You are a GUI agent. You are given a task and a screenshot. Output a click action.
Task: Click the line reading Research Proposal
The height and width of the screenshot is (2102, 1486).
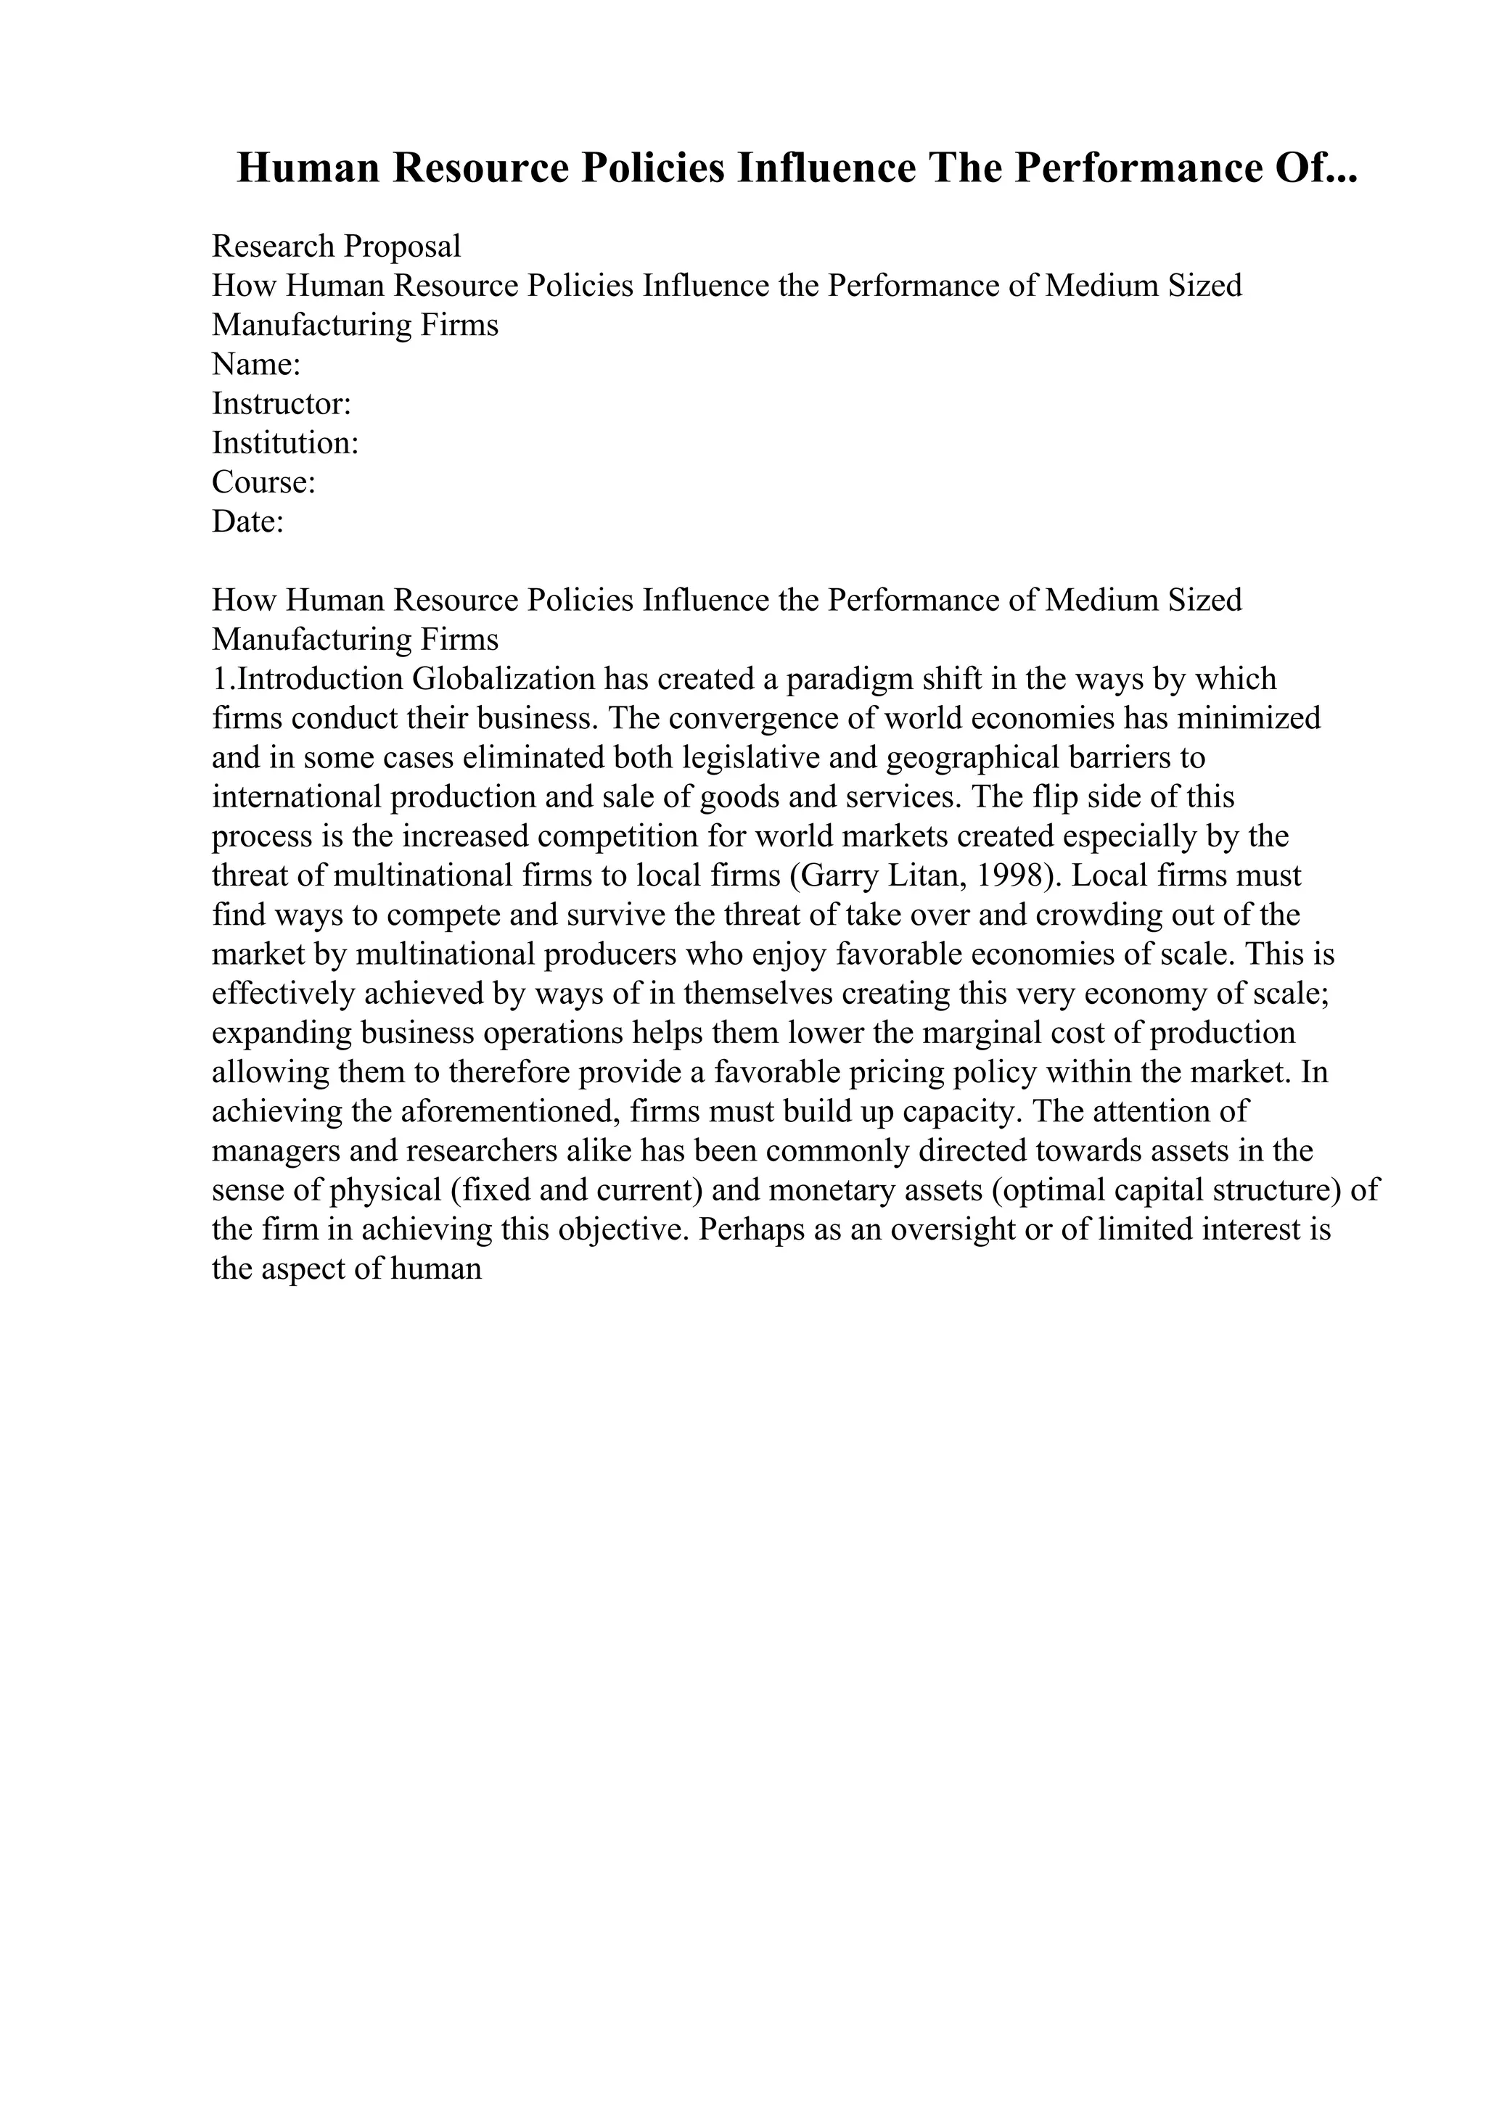coord(336,247)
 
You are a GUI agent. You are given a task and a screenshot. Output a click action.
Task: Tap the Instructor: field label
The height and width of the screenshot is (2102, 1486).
coord(281,404)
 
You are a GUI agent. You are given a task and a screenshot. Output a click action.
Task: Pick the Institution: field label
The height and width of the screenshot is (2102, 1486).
coord(284,443)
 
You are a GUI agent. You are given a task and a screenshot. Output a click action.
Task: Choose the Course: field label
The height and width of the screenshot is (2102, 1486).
coord(263,482)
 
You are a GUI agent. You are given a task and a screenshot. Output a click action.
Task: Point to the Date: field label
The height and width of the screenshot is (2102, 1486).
coord(247,522)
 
